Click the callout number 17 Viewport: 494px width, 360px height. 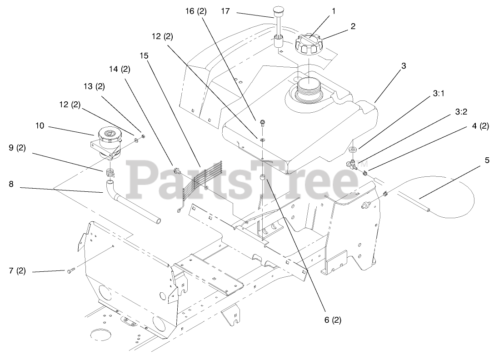click(x=225, y=11)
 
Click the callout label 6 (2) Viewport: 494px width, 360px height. click(x=332, y=320)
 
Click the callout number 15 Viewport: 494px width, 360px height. click(x=144, y=55)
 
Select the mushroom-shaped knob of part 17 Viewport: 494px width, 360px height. click(x=278, y=10)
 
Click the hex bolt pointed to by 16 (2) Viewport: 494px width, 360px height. click(x=262, y=122)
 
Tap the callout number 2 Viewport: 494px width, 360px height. click(x=352, y=26)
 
